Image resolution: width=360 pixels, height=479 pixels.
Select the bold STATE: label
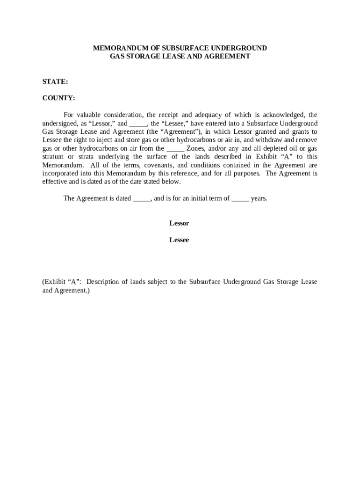[x=55, y=81]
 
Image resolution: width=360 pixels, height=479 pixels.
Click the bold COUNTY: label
[x=58, y=98]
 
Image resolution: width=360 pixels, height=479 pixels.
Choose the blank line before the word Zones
[x=175, y=149]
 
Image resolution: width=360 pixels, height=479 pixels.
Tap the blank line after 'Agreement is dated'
[x=142, y=198]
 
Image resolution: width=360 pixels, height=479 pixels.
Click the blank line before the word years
[x=240, y=198]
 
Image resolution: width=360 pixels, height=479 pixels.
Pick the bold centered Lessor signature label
[x=179, y=223]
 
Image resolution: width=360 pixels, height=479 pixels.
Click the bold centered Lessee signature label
[x=179, y=240]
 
